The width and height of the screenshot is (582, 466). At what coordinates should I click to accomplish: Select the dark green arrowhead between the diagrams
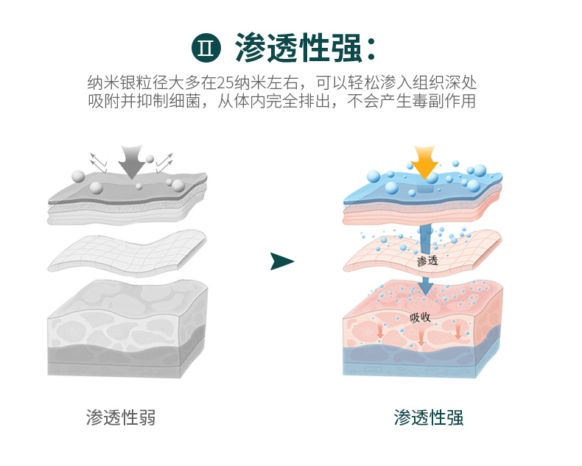point(281,261)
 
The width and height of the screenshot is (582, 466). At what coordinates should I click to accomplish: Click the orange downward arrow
point(424,161)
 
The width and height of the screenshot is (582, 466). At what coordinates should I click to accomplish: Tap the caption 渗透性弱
point(121,417)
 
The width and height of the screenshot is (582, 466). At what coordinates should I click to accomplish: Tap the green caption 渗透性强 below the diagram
point(429,417)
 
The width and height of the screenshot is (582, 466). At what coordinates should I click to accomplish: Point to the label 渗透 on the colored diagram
point(427,261)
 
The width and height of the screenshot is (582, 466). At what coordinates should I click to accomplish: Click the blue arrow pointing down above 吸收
point(426,283)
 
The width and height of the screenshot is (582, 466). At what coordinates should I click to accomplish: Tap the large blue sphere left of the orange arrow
point(374,177)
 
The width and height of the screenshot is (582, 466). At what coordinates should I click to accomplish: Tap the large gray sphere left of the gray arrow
point(77,175)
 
